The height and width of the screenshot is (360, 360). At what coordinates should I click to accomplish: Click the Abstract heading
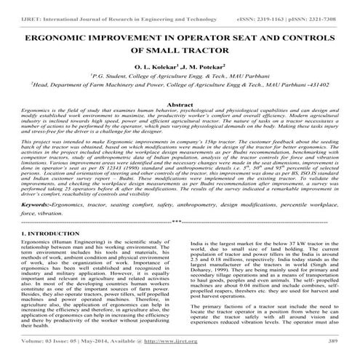(180, 105)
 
